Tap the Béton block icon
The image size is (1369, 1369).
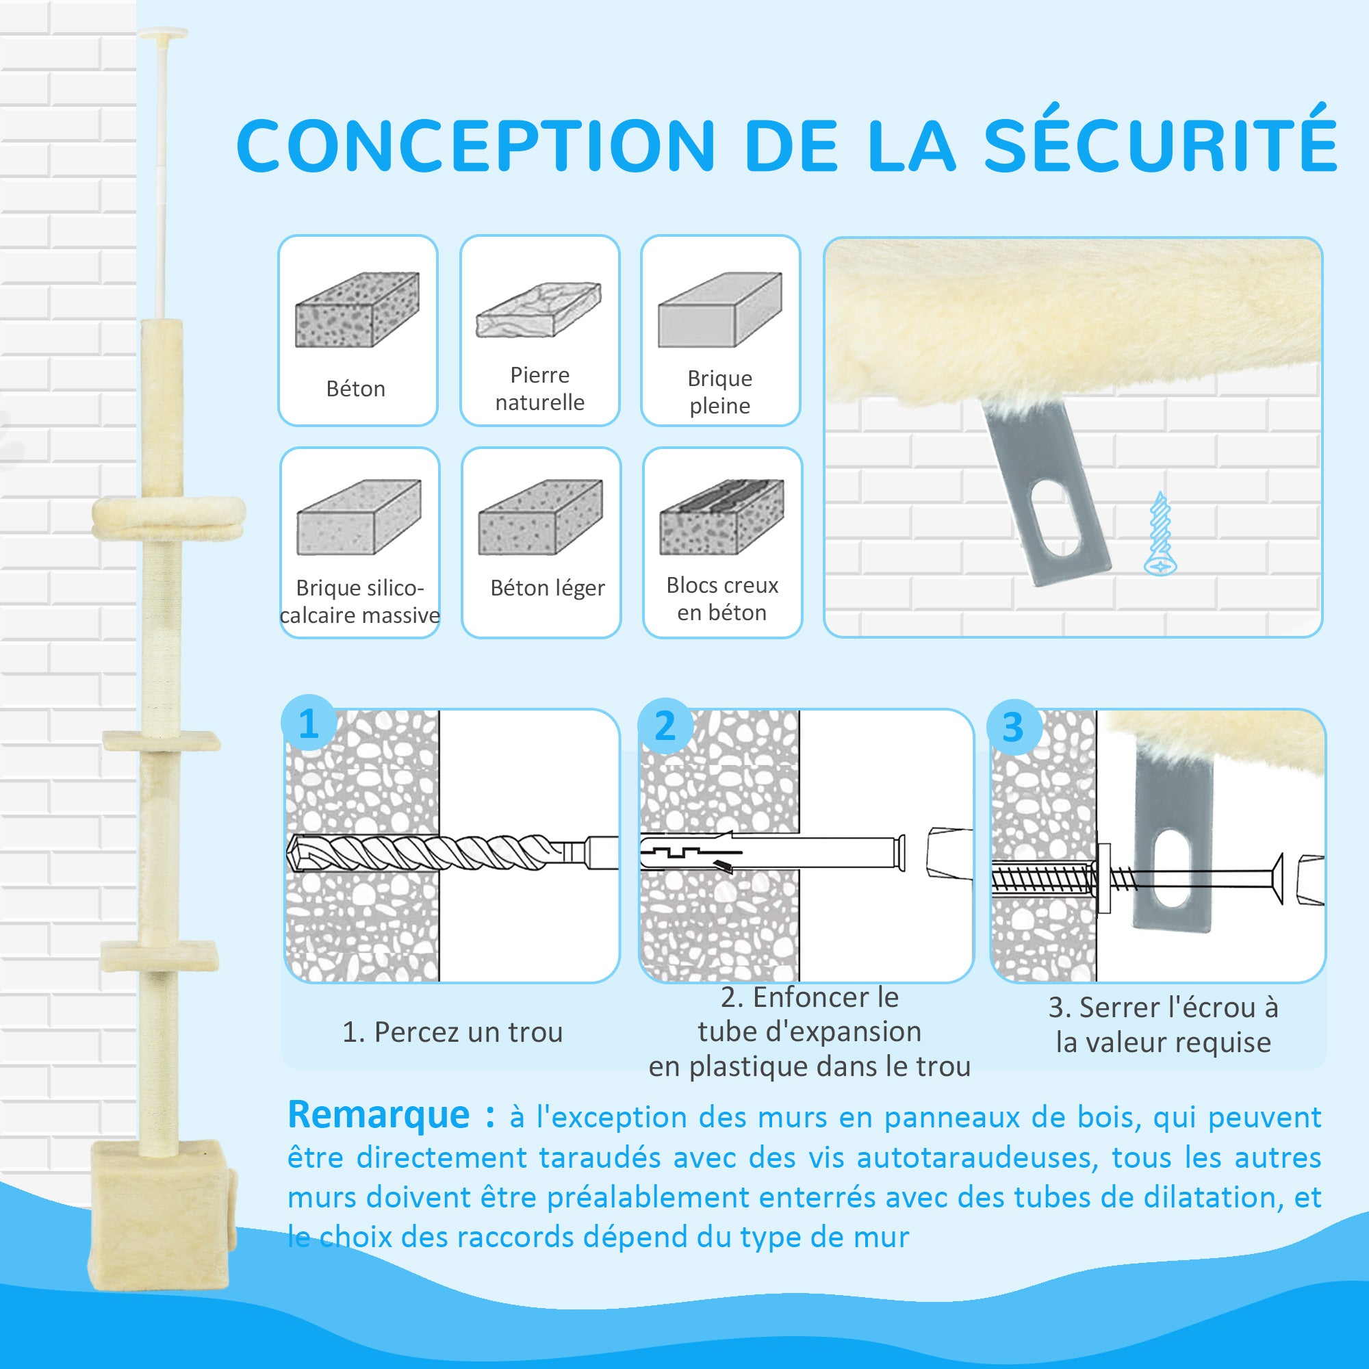click(357, 309)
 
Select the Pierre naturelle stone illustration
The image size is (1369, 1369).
click(539, 309)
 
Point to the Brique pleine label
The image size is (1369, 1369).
click(720, 392)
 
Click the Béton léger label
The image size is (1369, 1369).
click(547, 587)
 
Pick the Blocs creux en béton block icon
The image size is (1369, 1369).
click(722, 517)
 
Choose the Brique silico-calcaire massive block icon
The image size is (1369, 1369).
click(359, 517)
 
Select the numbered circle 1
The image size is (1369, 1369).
click(308, 724)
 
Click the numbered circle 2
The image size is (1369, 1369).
click(665, 725)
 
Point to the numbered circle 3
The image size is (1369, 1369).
click(1013, 726)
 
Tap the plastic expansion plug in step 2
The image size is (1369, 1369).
click(772, 853)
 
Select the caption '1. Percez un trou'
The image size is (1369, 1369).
click(452, 1032)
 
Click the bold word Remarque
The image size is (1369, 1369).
click(379, 1114)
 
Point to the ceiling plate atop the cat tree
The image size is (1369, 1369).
click(163, 33)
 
